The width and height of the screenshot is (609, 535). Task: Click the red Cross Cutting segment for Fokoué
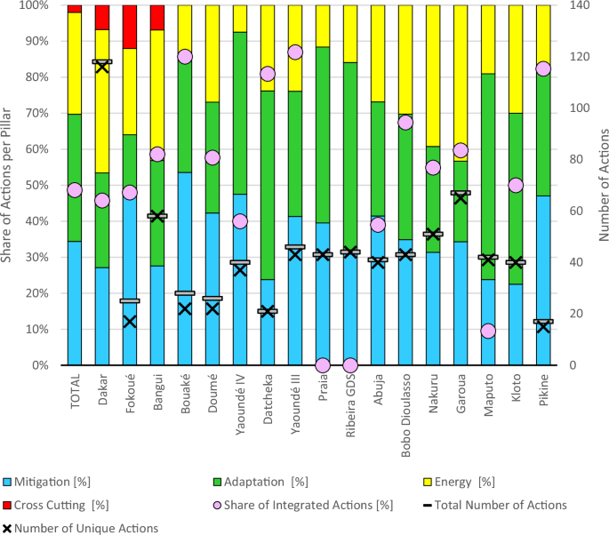[130, 27]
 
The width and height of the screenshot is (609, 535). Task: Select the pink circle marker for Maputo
[488, 331]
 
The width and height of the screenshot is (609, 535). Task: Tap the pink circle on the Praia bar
[323, 365]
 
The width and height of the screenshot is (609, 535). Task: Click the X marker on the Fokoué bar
[130, 322]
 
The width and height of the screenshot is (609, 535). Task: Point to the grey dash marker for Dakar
[102, 61]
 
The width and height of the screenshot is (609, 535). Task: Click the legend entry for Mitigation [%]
[46, 482]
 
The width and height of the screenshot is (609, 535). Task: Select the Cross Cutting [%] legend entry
[55, 505]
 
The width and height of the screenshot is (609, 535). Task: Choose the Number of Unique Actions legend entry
[80, 529]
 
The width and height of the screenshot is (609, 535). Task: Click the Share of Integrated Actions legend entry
[303, 505]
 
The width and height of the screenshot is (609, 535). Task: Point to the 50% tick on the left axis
[37, 185]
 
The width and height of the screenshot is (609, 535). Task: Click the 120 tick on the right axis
[580, 57]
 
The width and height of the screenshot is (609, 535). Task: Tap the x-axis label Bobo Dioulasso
[405, 415]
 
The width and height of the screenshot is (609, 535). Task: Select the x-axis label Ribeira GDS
[350, 405]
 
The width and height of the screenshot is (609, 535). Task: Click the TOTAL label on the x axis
[75, 391]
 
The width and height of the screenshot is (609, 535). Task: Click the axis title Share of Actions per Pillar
[5, 185]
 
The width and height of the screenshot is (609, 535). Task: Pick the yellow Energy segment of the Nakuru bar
[433, 76]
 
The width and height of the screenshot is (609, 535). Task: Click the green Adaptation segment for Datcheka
[268, 185]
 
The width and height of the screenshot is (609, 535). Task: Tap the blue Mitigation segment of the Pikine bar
[543, 280]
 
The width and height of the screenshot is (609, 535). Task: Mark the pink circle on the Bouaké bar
[185, 57]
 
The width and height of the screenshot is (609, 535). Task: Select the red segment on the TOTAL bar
[75, 9]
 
